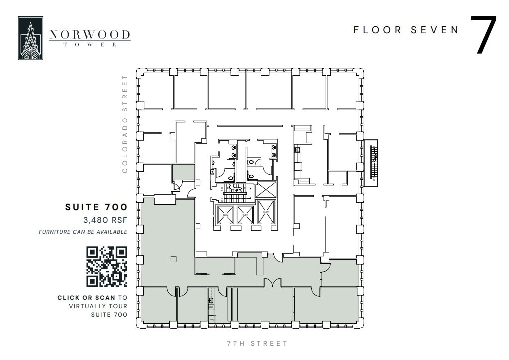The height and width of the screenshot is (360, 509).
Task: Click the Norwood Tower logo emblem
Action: pos(30,38)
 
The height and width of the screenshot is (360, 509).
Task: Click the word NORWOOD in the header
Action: pos(90,35)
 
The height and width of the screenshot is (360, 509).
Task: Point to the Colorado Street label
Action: pos(125,124)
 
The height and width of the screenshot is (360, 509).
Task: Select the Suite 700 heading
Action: pos(96,207)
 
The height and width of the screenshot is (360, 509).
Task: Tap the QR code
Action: pos(107,267)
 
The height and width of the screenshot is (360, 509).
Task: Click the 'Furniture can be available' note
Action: pos(83,232)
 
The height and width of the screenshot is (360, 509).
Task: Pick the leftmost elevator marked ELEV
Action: pos(225,215)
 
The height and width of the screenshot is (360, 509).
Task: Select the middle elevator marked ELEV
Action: pos(245,215)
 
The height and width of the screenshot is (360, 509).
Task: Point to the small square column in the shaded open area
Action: pos(173,259)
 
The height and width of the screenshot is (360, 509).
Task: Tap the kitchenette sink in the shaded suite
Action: pos(211,301)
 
